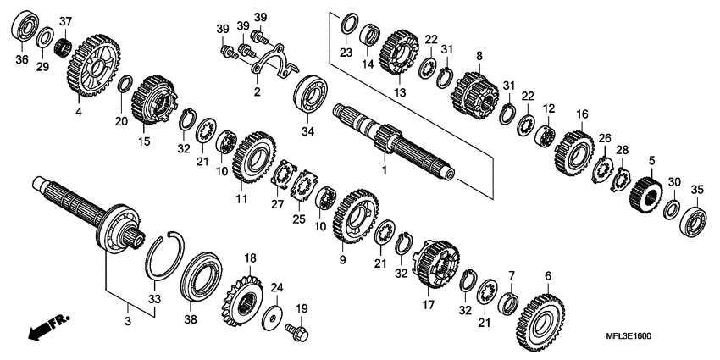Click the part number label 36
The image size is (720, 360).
(x=23, y=58)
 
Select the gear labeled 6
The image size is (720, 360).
(x=539, y=320)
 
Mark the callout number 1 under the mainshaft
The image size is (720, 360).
(x=385, y=169)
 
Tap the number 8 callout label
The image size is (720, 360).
(x=479, y=56)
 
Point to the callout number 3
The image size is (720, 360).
(x=128, y=321)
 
